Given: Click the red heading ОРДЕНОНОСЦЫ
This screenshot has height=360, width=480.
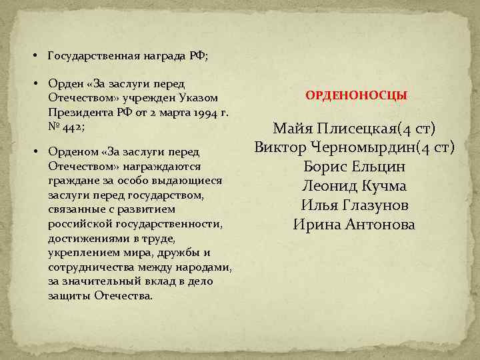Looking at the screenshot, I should click(357, 96).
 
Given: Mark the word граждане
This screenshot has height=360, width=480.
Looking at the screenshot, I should click(69, 181).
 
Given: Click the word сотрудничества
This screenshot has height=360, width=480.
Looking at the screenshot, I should click(88, 267).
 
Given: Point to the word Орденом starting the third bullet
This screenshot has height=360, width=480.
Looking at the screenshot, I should click(71, 151).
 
